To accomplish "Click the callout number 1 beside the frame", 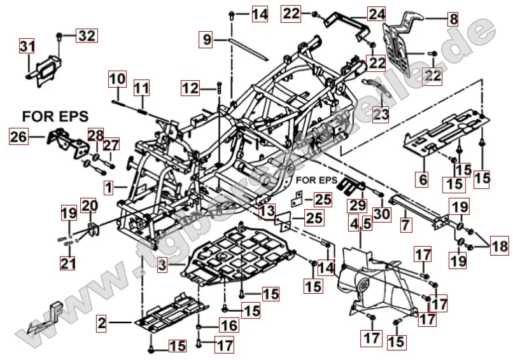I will [x=109, y=188].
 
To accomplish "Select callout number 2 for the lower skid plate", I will [x=102, y=323].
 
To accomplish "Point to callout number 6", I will [x=422, y=180].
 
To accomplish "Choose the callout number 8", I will [x=453, y=19].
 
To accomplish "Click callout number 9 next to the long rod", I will [x=207, y=40].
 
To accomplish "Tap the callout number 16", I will [x=228, y=326].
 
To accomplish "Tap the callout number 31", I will [x=27, y=46].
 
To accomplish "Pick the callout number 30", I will [x=381, y=214].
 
